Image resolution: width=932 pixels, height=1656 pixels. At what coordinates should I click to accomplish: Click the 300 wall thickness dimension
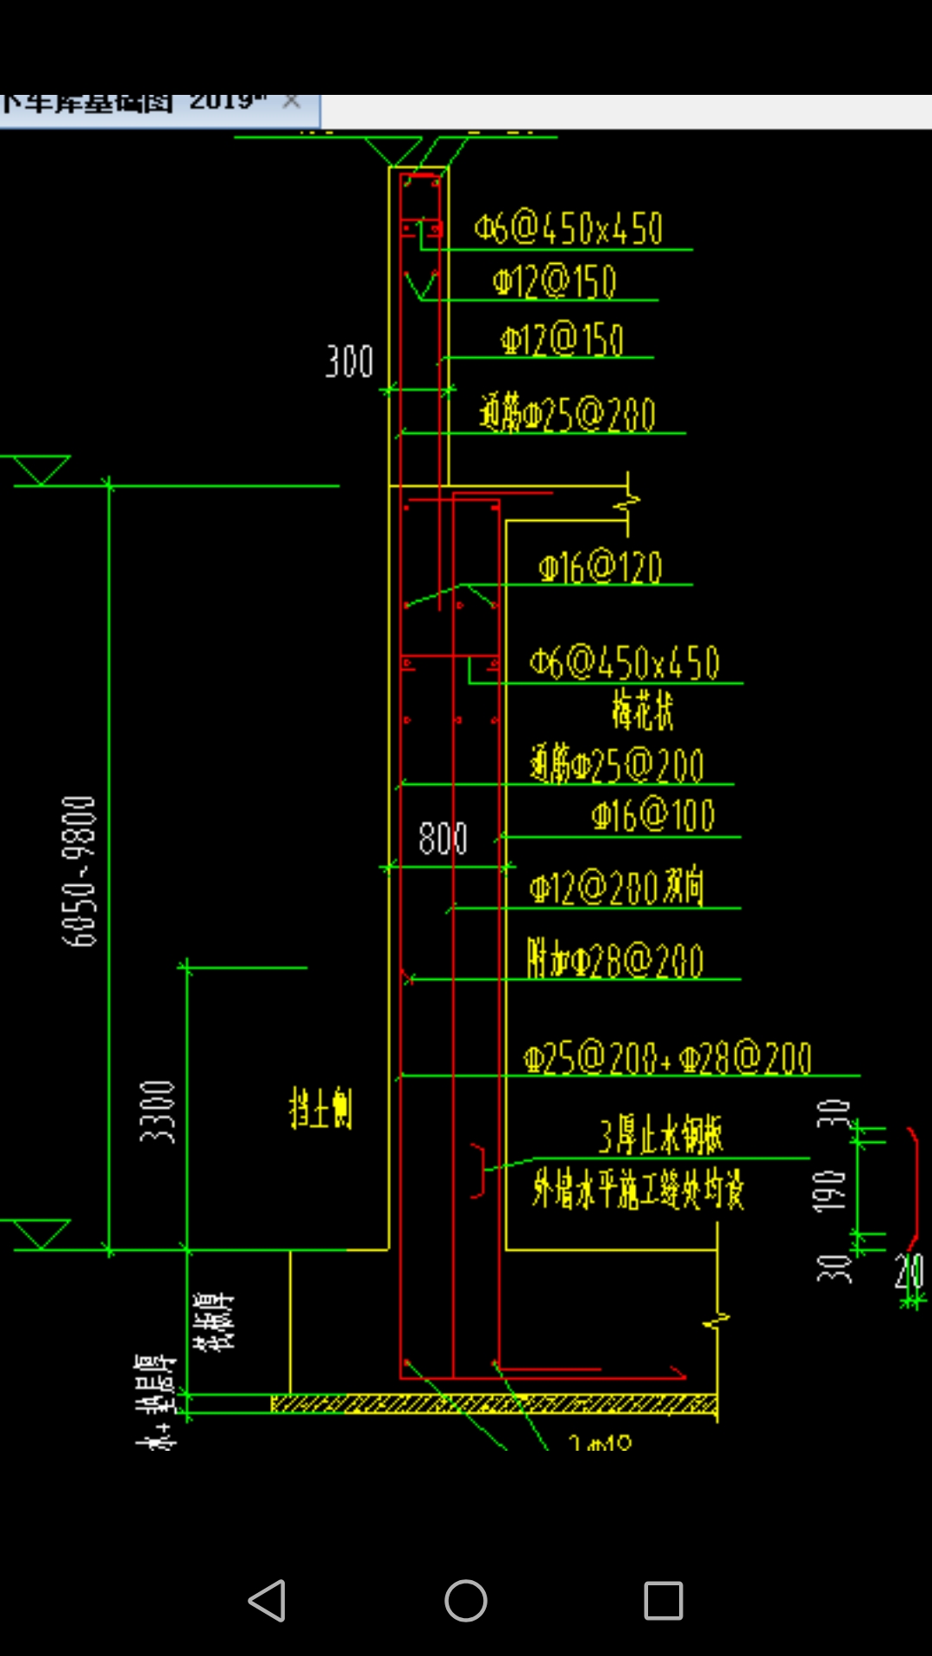349,361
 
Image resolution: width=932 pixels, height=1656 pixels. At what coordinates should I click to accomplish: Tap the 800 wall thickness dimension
443,838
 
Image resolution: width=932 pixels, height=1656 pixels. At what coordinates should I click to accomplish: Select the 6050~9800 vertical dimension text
79,871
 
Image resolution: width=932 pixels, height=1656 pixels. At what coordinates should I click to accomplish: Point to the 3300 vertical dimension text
158,1112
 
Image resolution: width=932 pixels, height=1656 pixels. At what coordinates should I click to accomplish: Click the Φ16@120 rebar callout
601,568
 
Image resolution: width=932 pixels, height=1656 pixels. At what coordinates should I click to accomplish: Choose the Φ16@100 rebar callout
653,816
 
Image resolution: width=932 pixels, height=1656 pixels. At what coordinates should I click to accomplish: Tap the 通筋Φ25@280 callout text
568,414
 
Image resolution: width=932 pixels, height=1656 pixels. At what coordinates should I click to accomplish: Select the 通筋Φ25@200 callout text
617,765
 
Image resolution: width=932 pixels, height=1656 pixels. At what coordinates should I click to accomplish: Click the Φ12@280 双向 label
617,888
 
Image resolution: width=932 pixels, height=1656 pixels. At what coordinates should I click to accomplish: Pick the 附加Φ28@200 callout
615,960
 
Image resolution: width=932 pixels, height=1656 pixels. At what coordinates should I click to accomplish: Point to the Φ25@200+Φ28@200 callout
667,1058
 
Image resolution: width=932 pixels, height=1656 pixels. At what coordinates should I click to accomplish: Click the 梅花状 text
642,711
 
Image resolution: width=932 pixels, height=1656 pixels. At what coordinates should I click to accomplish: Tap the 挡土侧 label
320,1108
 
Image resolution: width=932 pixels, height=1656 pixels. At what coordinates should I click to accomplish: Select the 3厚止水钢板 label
661,1135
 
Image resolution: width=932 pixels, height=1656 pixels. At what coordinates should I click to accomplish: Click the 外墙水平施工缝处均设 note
638,1190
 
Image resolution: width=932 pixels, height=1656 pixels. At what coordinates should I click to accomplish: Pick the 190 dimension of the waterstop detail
830,1190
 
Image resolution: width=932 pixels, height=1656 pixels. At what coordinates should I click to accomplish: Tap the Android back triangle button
268,1601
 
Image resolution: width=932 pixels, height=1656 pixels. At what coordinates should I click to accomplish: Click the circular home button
466,1601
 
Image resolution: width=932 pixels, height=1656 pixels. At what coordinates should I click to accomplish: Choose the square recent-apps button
664,1601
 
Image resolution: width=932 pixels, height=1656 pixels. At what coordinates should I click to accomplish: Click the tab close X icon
292,102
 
